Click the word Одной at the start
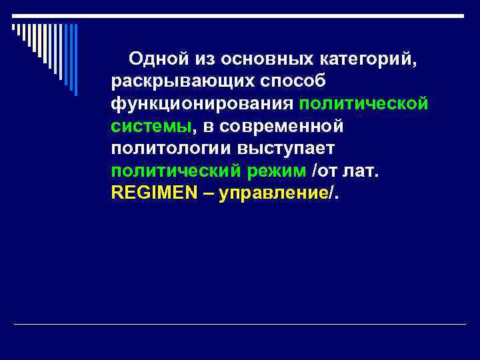(x=153, y=59)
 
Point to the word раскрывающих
(x=177, y=81)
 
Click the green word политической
(x=363, y=103)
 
